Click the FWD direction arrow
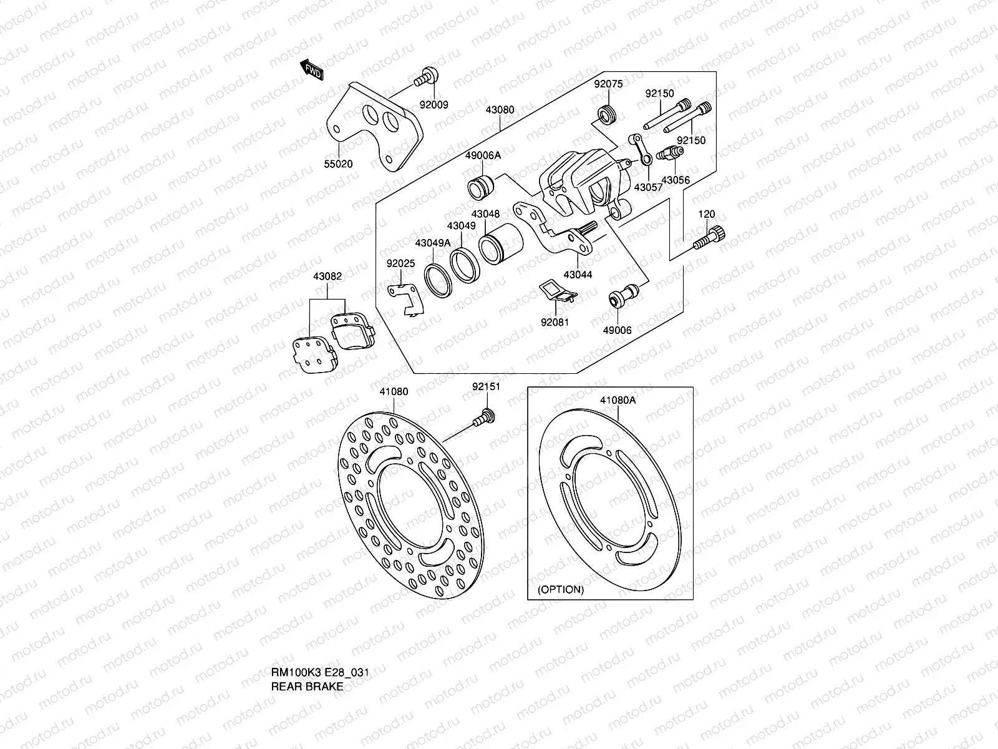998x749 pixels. coord(312,70)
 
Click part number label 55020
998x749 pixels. coord(337,164)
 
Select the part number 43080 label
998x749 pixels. coord(500,110)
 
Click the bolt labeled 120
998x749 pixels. coord(710,239)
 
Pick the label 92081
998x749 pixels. coord(555,323)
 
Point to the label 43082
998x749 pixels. coord(327,276)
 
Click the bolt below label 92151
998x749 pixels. coord(483,416)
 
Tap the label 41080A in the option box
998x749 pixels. coord(618,400)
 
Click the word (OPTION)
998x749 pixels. coord(561,589)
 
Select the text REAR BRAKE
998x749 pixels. coord(307,687)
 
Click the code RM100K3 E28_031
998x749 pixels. coord(319,673)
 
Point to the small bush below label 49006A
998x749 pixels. coord(481,186)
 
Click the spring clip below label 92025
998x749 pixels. coord(406,298)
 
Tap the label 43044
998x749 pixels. coord(578,275)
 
